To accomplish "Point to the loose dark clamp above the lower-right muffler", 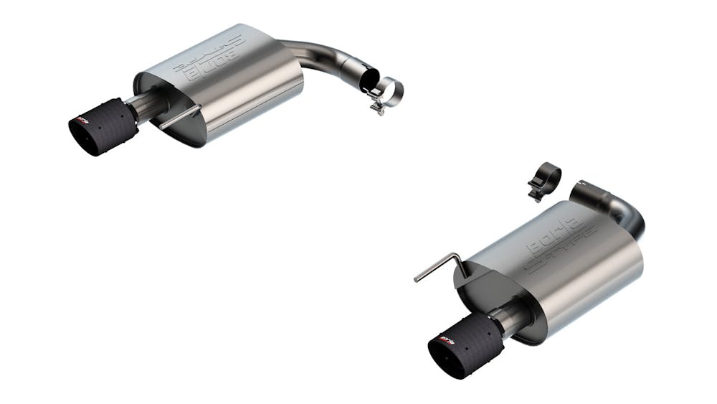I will [546, 177].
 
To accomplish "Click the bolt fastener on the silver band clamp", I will [376, 108].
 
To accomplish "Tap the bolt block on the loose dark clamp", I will [535, 192].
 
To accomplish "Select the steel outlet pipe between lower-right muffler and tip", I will [515, 316].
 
